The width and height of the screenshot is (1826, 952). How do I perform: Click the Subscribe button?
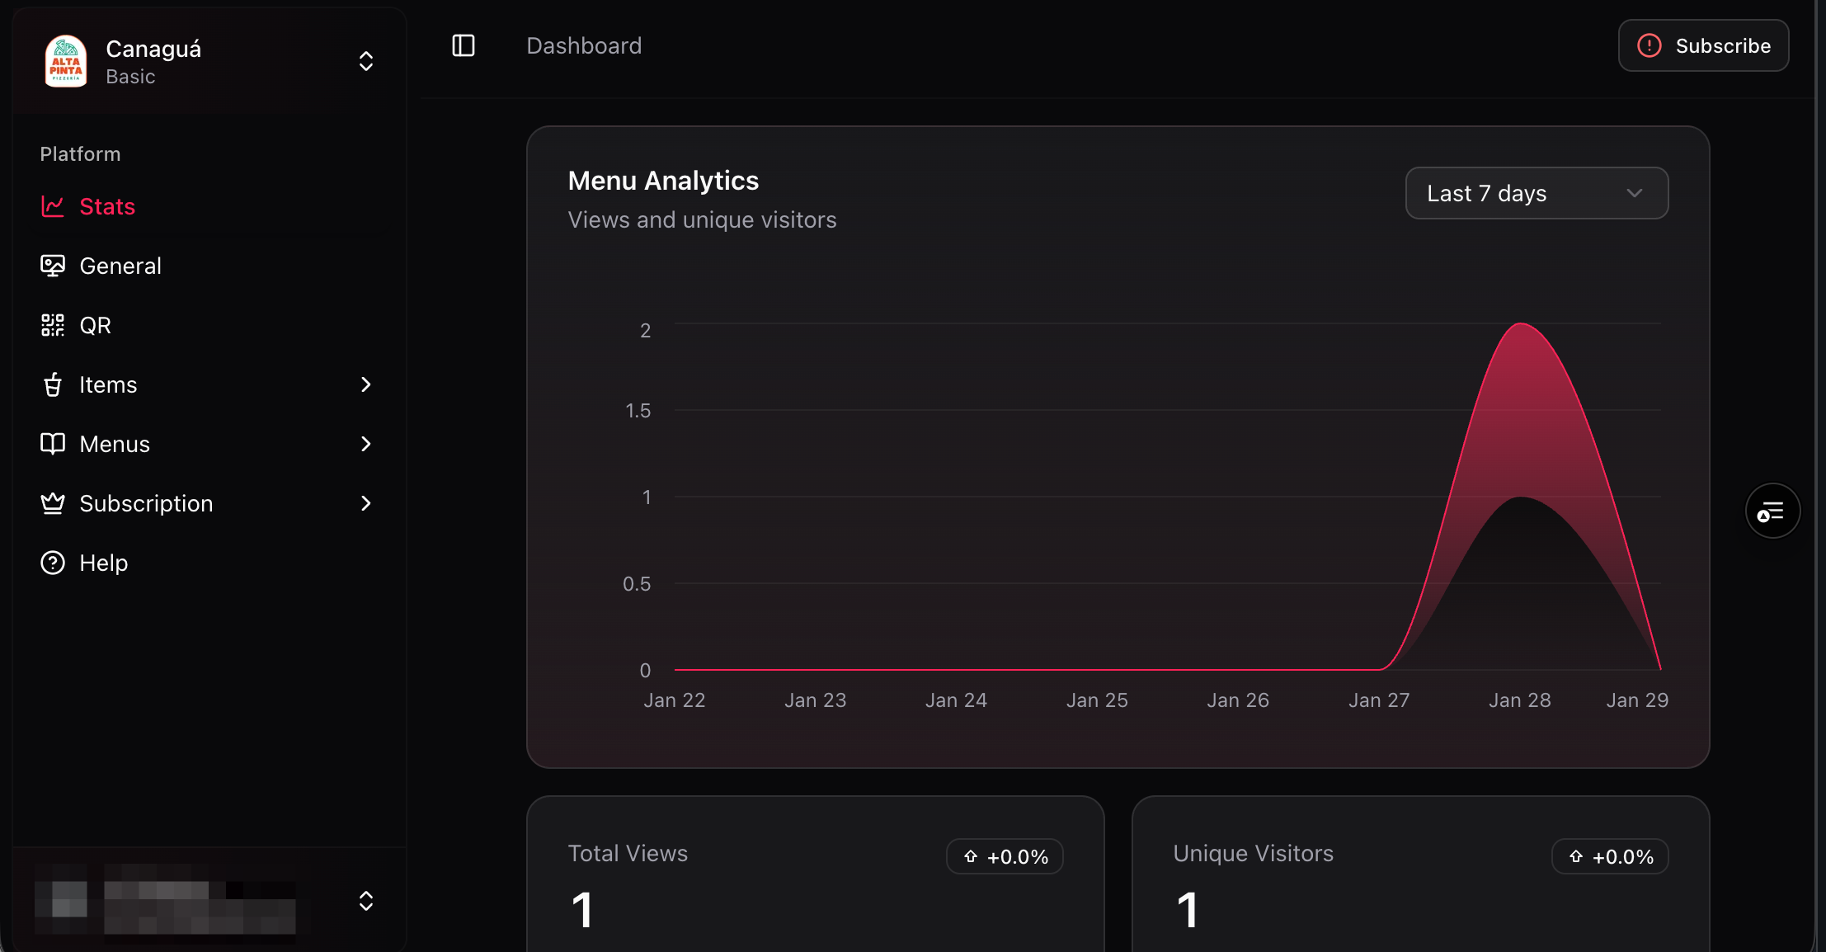(1703, 45)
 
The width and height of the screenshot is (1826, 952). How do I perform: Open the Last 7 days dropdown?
(1537, 193)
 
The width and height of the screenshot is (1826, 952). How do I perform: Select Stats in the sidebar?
(107, 206)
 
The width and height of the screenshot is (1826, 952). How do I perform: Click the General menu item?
(120, 266)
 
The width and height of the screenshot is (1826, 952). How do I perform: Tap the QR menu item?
(95, 325)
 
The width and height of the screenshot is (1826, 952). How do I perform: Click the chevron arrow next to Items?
(366, 384)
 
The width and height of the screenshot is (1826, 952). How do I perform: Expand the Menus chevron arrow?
(366, 444)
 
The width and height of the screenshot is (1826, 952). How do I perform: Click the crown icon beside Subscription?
(53, 503)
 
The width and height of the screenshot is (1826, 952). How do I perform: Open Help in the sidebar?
(103, 563)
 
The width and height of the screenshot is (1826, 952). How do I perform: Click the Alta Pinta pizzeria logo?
(66, 61)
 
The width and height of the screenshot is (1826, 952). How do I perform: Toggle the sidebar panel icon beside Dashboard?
(464, 45)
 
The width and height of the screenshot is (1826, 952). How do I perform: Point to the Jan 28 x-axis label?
(1519, 700)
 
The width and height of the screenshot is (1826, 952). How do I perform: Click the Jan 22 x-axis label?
(674, 700)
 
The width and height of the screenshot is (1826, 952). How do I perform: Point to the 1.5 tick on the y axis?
(638, 411)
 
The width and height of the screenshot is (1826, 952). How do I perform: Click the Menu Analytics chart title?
(663, 181)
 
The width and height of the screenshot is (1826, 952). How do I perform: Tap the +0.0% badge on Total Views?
(1005, 856)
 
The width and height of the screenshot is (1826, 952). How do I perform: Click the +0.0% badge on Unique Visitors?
(1610, 856)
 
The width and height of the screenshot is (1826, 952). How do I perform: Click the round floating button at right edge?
(1772, 511)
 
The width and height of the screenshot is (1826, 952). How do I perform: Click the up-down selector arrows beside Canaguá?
(366, 61)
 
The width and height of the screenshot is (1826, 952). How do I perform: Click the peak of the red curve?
(1521, 324)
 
